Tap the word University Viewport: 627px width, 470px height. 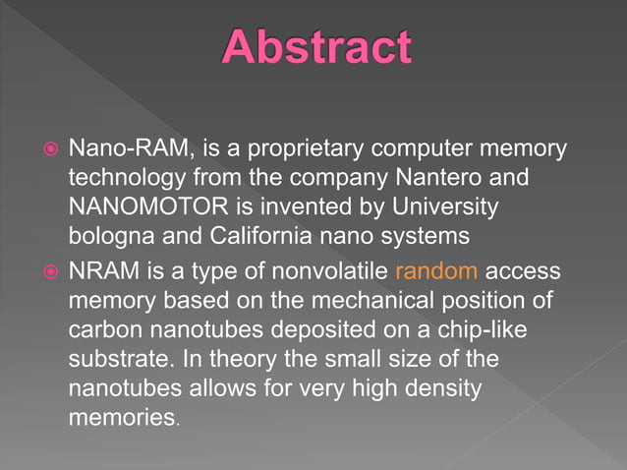coord(448,209)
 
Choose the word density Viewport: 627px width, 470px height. coord(438,389)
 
